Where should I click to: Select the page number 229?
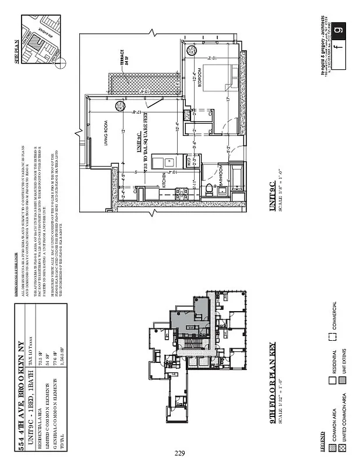[x=180, y=453]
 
